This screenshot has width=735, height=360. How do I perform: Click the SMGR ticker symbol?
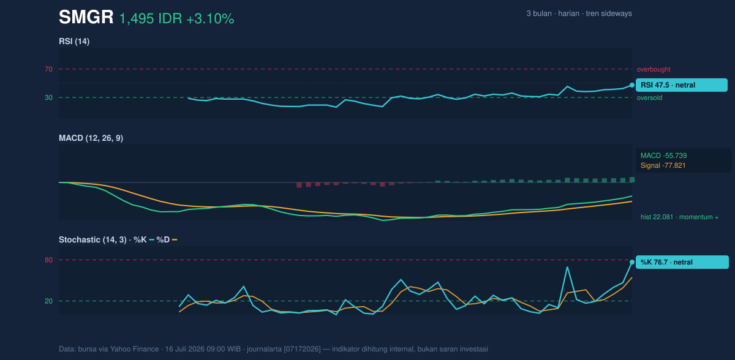[86, 17]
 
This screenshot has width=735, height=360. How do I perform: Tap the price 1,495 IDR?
[151, 19]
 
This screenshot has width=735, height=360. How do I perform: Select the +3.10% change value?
[210, 19]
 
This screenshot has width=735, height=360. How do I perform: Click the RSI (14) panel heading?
[74, 41]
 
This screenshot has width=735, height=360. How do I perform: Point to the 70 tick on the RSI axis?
[48, 69]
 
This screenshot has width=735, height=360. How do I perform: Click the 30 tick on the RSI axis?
[48, 98]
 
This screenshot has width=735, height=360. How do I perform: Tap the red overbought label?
[654, 70]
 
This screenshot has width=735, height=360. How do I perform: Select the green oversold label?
[649, 98]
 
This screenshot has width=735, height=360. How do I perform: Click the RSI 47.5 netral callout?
[682, 85]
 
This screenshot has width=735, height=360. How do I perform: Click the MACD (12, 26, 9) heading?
[91, 138]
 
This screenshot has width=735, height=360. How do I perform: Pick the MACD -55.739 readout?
[663, 156]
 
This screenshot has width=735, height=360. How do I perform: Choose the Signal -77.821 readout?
[663, 165]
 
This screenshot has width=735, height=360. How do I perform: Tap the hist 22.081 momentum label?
[679, 217]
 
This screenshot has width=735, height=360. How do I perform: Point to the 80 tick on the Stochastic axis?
[48, 260]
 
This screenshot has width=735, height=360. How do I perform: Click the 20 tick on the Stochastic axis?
[48, 301]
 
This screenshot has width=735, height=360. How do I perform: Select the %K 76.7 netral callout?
[682, 262]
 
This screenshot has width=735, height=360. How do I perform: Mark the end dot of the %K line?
[632, 262]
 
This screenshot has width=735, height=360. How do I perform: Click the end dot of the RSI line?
[632, 85]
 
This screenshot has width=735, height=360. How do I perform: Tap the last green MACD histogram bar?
[632, 179]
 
